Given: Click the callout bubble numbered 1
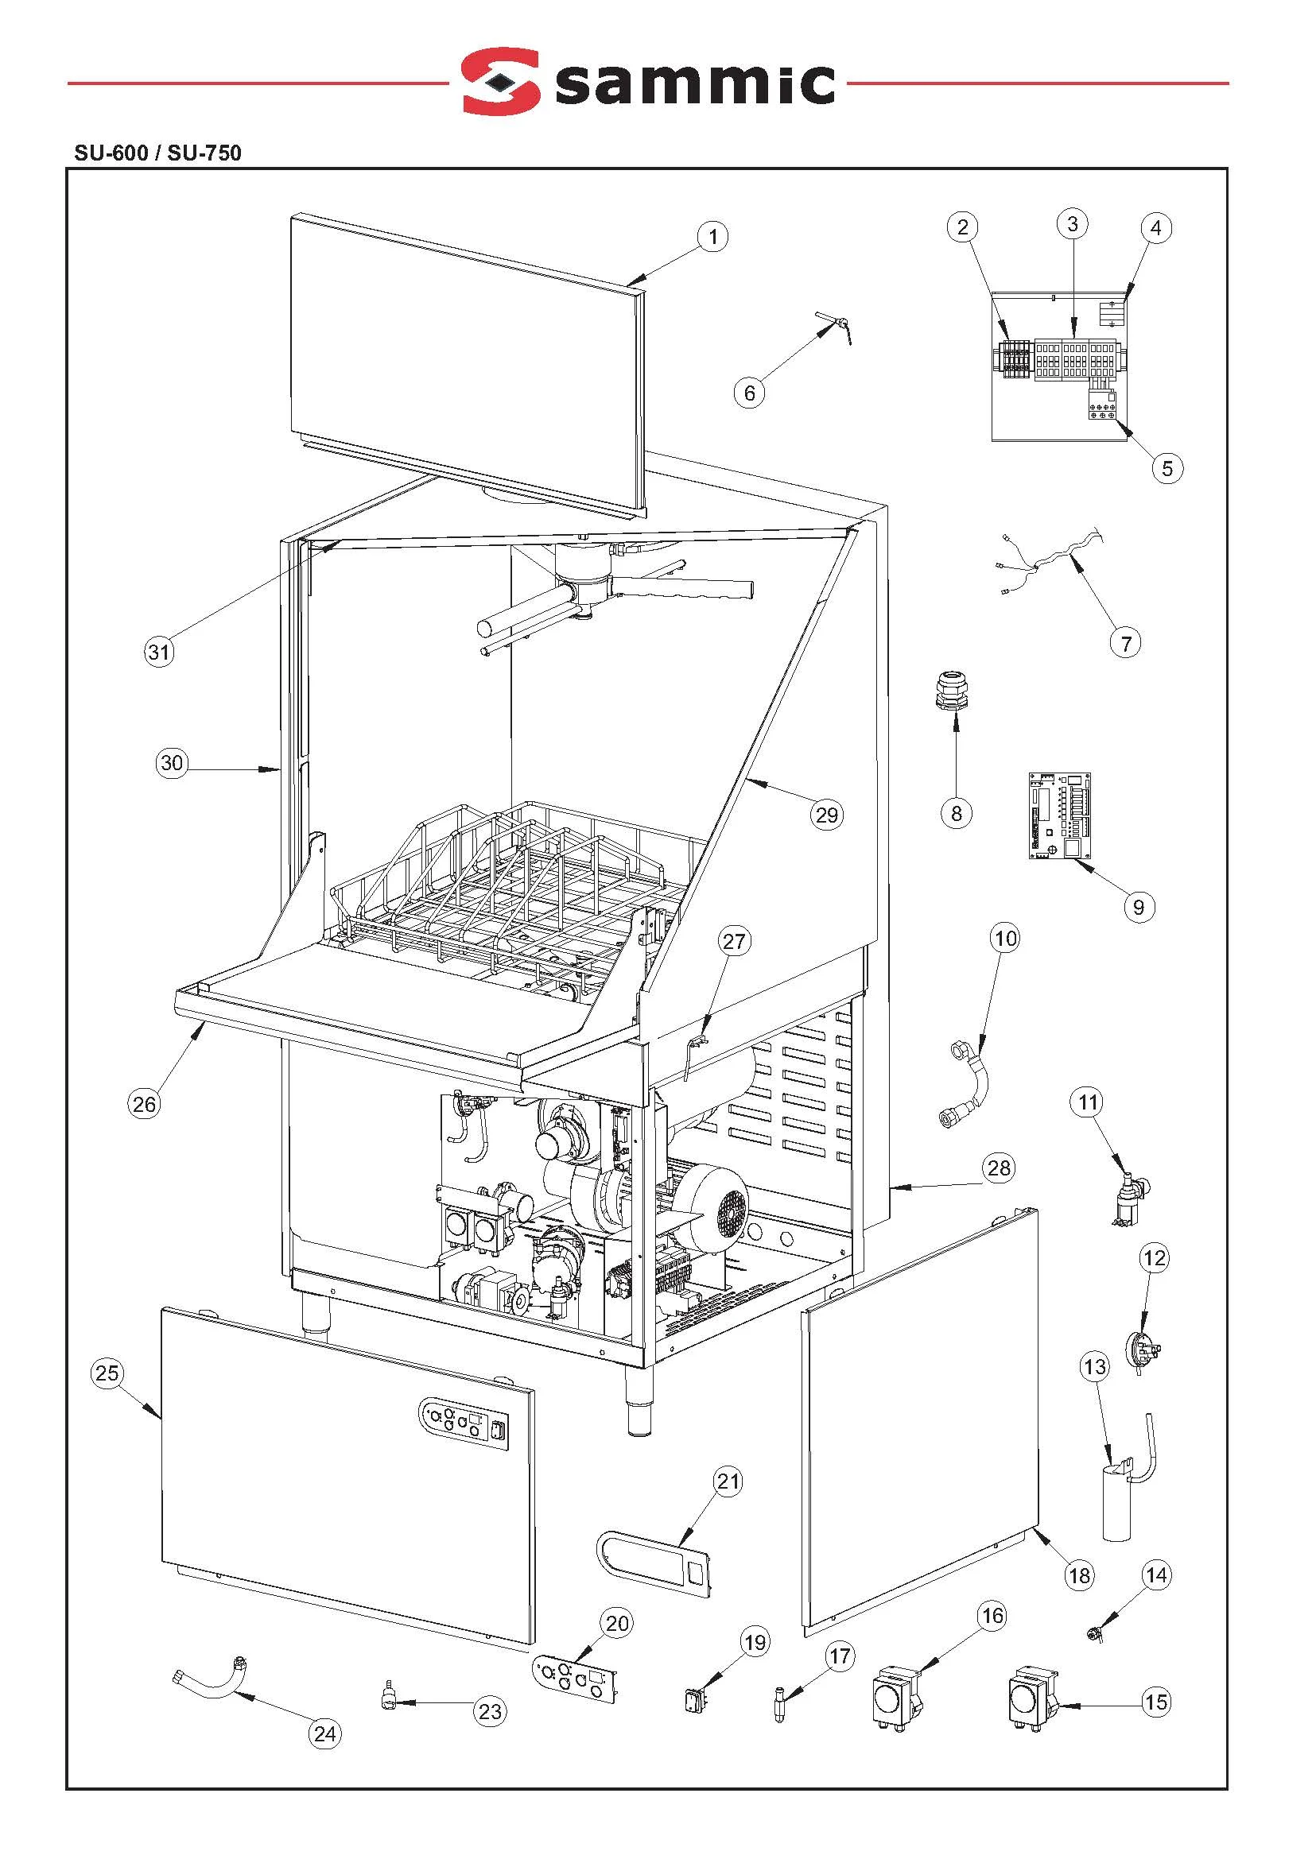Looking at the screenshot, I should point(712,237).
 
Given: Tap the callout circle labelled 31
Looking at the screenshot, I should point(159,651).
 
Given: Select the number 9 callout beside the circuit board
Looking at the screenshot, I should point(1139,906).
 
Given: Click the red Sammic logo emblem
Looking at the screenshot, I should point(500,81).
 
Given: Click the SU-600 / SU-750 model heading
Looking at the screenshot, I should point(157,153).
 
